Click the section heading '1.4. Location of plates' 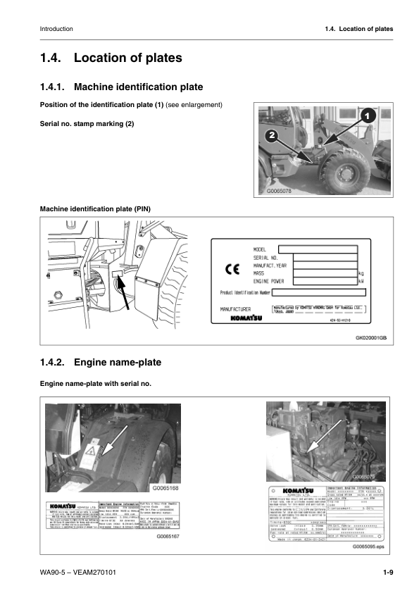pyautogui.click(x=111, y=58)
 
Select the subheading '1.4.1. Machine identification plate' pyautogui.click(x=122, y=87)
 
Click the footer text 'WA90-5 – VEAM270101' pyautogui.click(x=78, y=571)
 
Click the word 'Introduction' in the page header pyautogui.click(x=56, y=29)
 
